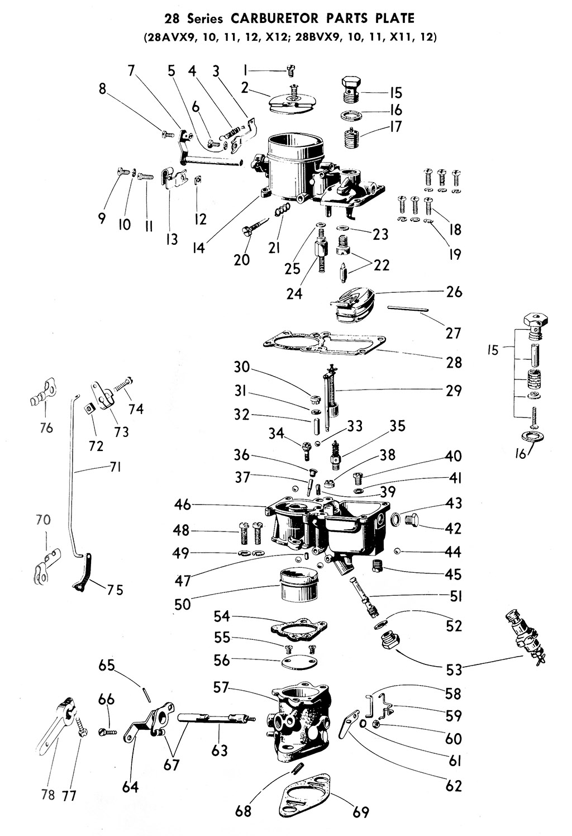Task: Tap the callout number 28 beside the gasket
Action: point(454,363)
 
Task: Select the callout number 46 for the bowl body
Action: point(182,505)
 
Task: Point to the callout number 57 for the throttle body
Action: point(222,687)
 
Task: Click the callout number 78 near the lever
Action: point(48,794)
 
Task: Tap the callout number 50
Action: point(182,604)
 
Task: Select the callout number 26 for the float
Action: point(454,292)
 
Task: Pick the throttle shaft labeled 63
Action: point(212,718)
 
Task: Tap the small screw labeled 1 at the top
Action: point(290,70)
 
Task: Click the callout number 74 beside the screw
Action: point(136,409)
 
